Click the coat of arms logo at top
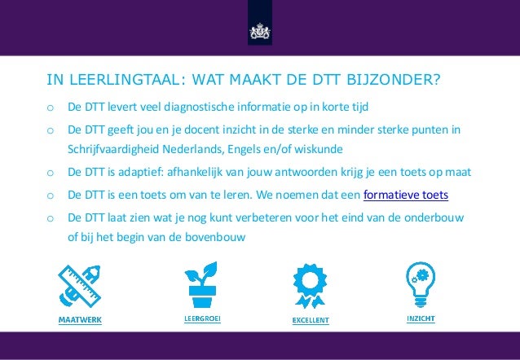pyautogui.click(x=260, y=30)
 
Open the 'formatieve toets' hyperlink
pyautogui.click(x=405, y=195)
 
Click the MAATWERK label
pyautogui.click(x=80, y=320)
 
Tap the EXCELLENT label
pyautogui.click(x=311, y=320)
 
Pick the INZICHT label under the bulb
pyautogui.click(x=420, y=318)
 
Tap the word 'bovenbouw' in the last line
pyautogui.click(x=218, y=238)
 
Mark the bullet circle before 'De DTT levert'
pyautogui.click(x=50, y=108)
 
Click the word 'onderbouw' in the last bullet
pyautogui.click(x=443, y=217)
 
